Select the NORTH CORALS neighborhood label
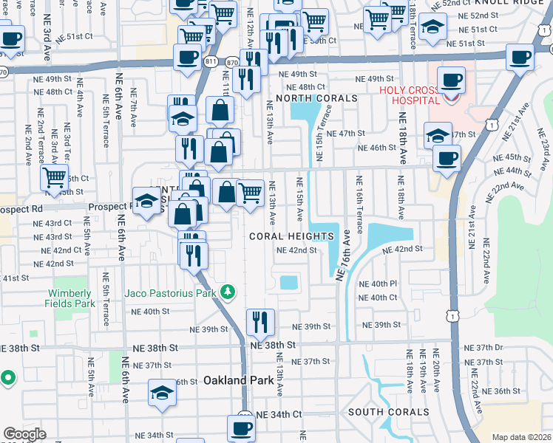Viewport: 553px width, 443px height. click(316, 98)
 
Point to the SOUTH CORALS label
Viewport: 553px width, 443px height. click(388, 412)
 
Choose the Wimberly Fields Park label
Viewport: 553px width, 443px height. click(73, 298)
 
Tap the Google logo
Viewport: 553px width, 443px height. click(24, 434)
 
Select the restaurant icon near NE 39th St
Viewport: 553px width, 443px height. click(260, 321)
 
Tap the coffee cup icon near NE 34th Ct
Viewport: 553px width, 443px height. click(240, 427)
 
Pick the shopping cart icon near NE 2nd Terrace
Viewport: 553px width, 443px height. click(55, 177)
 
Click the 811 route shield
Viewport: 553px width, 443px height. click(211, 62)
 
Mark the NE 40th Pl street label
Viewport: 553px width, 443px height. click(378, 284)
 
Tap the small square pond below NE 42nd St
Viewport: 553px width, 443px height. click(288, 282)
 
